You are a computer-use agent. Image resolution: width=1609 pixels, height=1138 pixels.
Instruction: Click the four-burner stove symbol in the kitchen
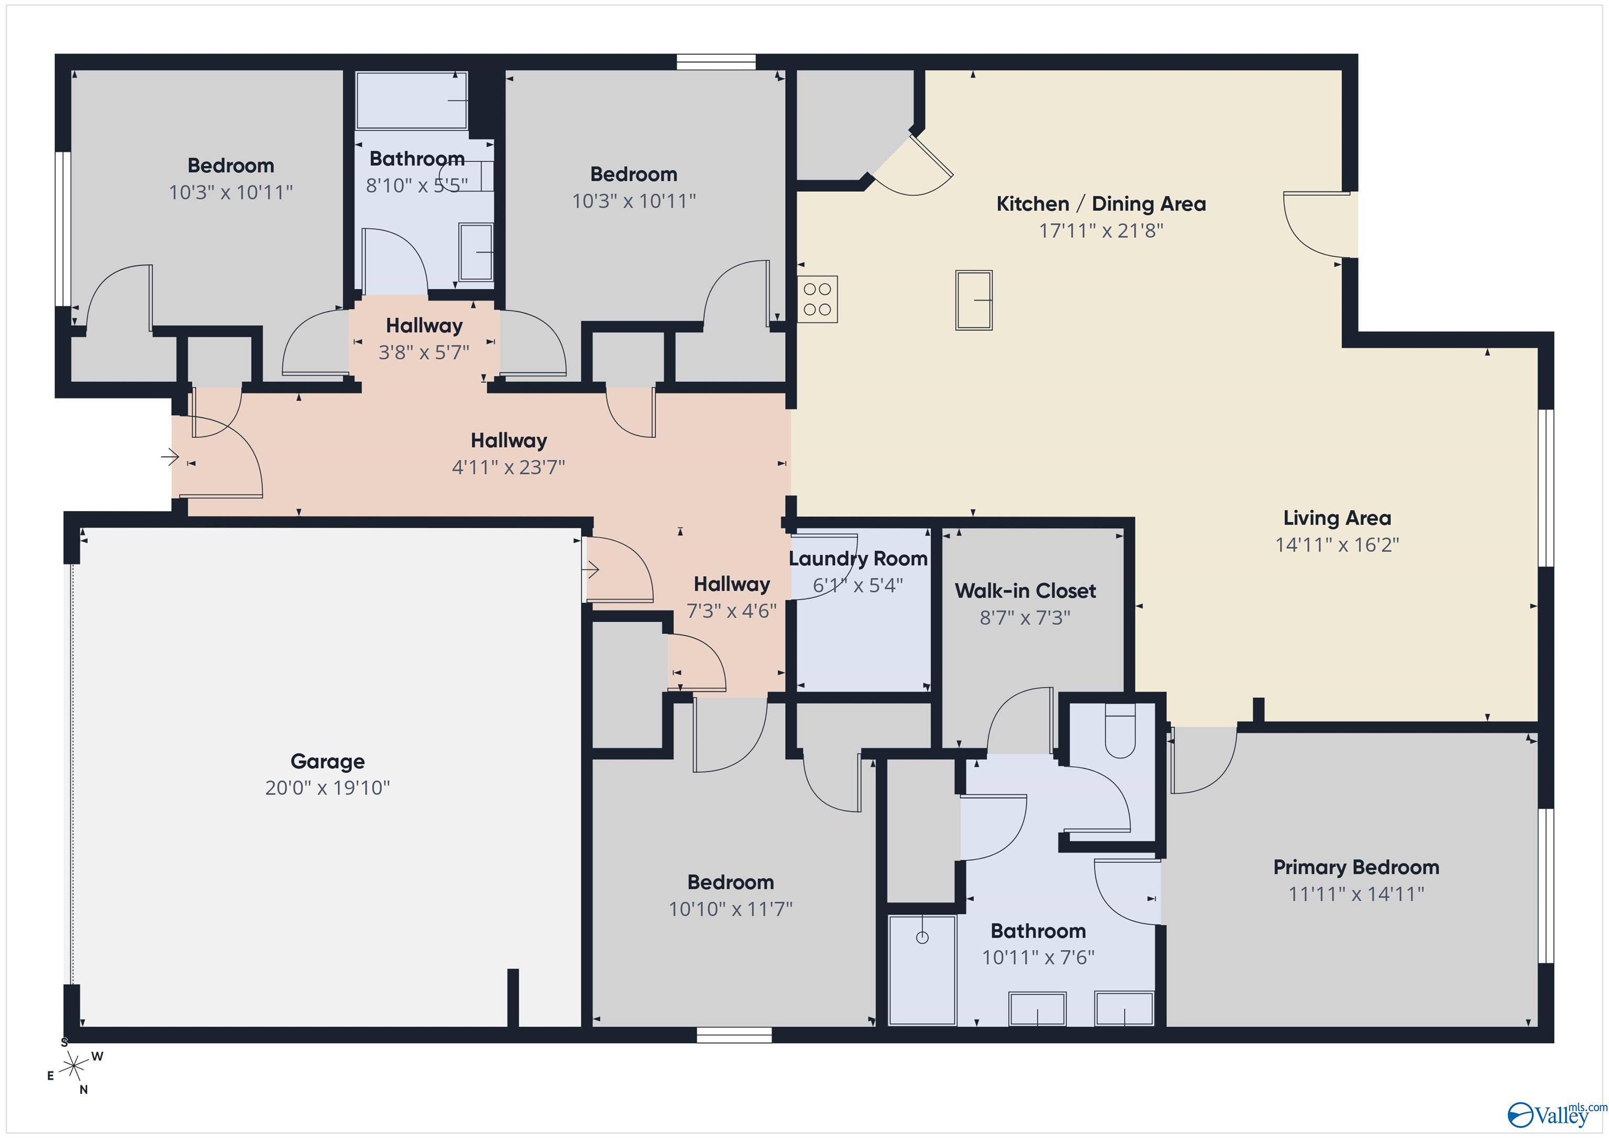coord(817,299)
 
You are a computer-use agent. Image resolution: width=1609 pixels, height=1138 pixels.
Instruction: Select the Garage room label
coord(327,761)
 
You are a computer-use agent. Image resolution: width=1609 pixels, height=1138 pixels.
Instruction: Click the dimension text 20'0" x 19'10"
coord(327,788)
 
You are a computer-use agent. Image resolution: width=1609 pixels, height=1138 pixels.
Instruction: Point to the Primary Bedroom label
coord(1356,867)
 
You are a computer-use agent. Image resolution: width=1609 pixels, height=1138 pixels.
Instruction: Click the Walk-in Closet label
coord(1024,591)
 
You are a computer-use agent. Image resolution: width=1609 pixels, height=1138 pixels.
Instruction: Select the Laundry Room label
coord(858,558)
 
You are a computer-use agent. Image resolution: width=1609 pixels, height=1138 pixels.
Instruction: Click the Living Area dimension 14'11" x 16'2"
coord(1337,545)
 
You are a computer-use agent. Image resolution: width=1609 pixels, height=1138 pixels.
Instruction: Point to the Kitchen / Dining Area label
coord(1101,204)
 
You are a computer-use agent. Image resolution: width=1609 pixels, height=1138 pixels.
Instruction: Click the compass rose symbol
coord(73,1067)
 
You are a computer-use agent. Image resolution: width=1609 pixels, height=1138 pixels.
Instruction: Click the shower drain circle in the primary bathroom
coord(922,937)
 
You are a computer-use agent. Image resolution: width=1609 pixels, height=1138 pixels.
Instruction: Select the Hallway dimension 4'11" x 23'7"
coord(508,467)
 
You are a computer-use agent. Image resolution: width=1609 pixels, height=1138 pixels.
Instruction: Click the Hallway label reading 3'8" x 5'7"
coord(424,338)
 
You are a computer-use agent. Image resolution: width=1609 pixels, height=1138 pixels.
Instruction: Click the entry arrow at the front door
coord(170,458)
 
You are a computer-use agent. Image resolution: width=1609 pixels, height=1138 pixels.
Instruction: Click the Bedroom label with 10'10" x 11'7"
coord(730,882)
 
